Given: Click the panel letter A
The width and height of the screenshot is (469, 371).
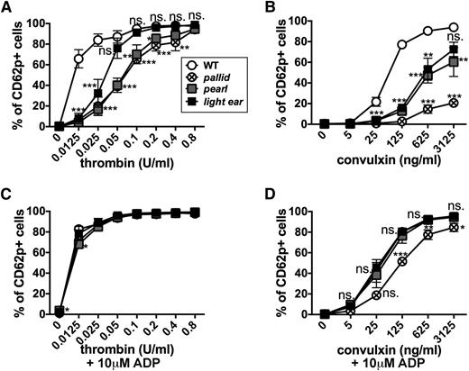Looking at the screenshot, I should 7,8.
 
